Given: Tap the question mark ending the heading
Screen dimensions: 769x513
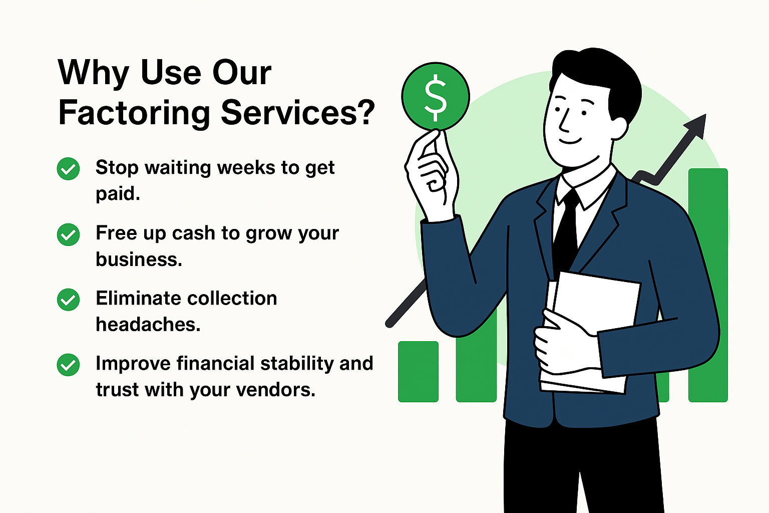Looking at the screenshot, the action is click(364, 112).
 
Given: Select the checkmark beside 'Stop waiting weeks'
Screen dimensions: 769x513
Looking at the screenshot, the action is click(68, 169).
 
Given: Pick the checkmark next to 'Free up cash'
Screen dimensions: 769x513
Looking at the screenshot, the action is click(68, 234).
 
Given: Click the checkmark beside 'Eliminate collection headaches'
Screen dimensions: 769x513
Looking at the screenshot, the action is click(68, 300).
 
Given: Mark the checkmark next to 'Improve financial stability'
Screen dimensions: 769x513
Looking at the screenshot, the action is click(68, 365).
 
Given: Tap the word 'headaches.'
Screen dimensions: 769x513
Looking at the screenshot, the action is click(148, 324).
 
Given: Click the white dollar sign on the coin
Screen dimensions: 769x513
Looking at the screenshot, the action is click(436, 98).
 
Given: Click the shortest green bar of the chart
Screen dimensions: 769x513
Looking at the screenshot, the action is click(418, 371).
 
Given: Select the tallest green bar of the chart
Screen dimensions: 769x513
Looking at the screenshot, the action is click(708, 285).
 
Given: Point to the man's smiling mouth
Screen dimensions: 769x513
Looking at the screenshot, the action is click(570, 141).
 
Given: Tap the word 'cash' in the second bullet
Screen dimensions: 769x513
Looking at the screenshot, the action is click(193, 233).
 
